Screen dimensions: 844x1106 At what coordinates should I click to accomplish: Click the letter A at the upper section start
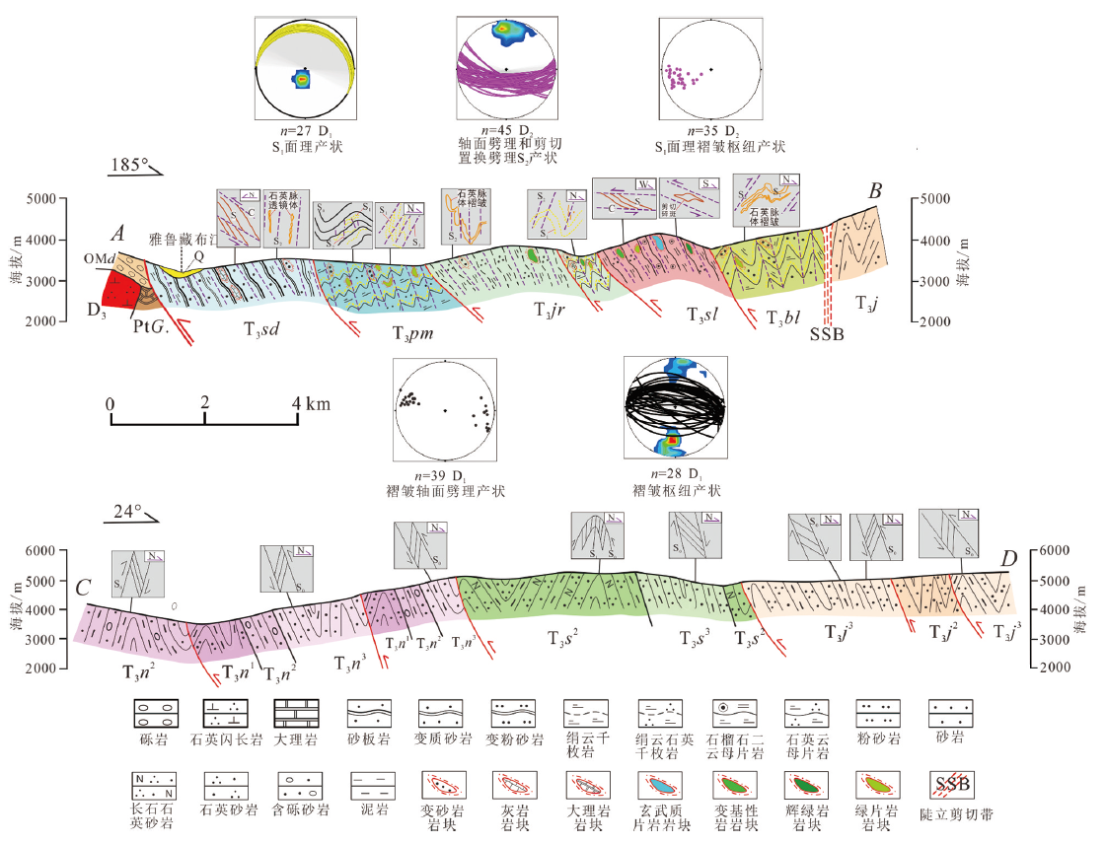[x=117, y=234]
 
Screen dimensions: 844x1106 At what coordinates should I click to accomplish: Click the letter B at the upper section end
[x=873, y=191]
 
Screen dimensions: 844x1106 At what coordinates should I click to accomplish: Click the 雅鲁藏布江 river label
[x=182, y=240]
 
